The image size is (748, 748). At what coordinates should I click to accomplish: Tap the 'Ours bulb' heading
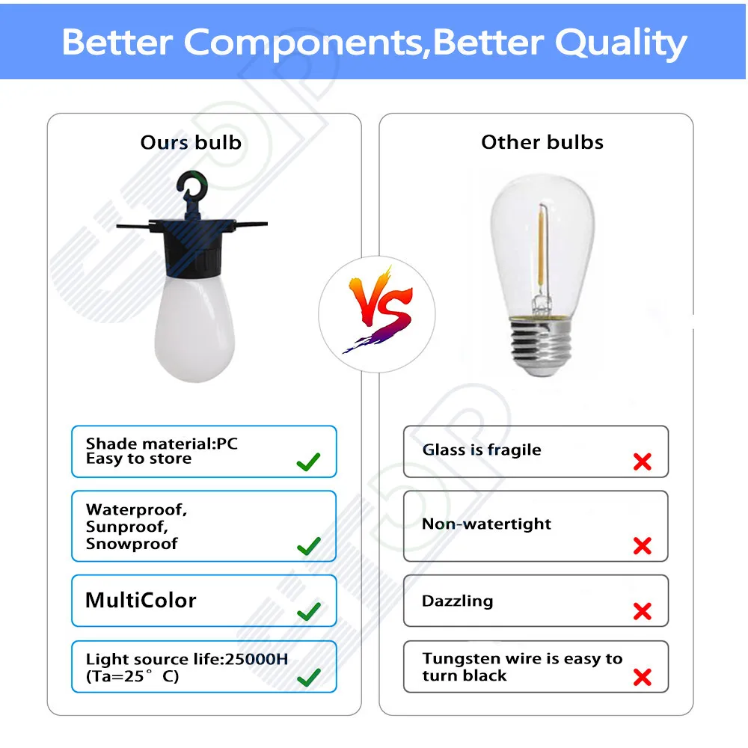click(191, 143)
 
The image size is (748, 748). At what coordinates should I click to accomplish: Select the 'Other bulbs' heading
click(542, 142)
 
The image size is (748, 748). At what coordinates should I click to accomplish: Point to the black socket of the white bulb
click(193, 248)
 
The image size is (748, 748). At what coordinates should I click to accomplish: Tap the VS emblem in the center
click(377, 310)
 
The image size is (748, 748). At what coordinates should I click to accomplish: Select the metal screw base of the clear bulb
click(541, 344)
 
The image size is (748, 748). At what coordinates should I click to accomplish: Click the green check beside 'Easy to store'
click(308, 462)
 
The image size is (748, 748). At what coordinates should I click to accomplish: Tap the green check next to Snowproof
click(308, 546)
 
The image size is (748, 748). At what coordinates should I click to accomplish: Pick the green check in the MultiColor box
click(308, 611)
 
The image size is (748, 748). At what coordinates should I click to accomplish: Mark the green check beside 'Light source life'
click(308, 677)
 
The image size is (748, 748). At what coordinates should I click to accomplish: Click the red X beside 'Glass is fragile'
click(642, 462)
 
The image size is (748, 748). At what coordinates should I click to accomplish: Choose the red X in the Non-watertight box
click(642, 546)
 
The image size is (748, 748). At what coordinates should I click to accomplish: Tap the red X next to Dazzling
click(642, 611)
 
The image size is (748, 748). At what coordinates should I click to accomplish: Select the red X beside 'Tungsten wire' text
click(642, 677)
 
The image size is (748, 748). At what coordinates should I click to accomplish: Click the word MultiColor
click(141, 600)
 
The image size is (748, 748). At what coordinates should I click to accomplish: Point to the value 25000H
click(256, 659)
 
